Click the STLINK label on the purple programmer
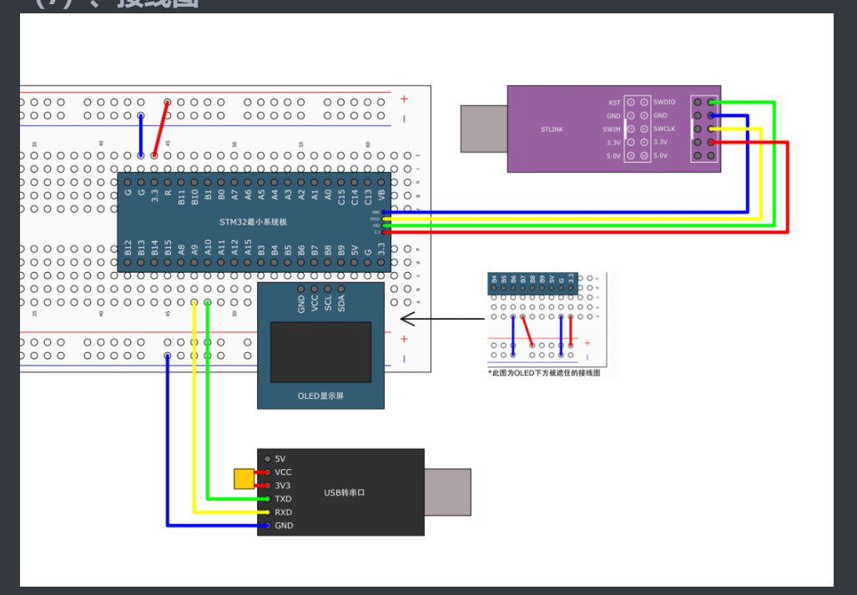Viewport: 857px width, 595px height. tap(553, 129)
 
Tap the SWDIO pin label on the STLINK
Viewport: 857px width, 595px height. tap(665, 102)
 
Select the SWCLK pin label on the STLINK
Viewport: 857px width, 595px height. tap(664, 129)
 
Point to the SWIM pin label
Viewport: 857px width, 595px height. tap(612, 129)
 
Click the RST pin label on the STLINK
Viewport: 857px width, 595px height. tap(614, 102)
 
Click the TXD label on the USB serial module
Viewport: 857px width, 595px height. tap(283, 499)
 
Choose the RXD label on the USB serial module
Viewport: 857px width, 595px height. tap(283, 512)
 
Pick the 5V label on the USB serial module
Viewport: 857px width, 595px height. tap(280, 459)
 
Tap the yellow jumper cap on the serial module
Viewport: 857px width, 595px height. tap(244, 479)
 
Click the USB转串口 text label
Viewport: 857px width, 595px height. tap(345, 493)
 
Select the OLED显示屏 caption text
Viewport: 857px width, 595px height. tap(320, 396)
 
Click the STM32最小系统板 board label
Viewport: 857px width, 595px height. tap(253, 222)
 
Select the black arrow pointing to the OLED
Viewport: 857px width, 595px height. tap(442, 318)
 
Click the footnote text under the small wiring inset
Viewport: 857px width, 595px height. tap(544, 373)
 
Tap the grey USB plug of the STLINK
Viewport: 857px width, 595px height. tap(484, 129)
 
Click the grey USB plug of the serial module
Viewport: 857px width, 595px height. tap(447, 492)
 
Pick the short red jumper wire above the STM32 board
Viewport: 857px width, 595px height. tap(161, 129)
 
